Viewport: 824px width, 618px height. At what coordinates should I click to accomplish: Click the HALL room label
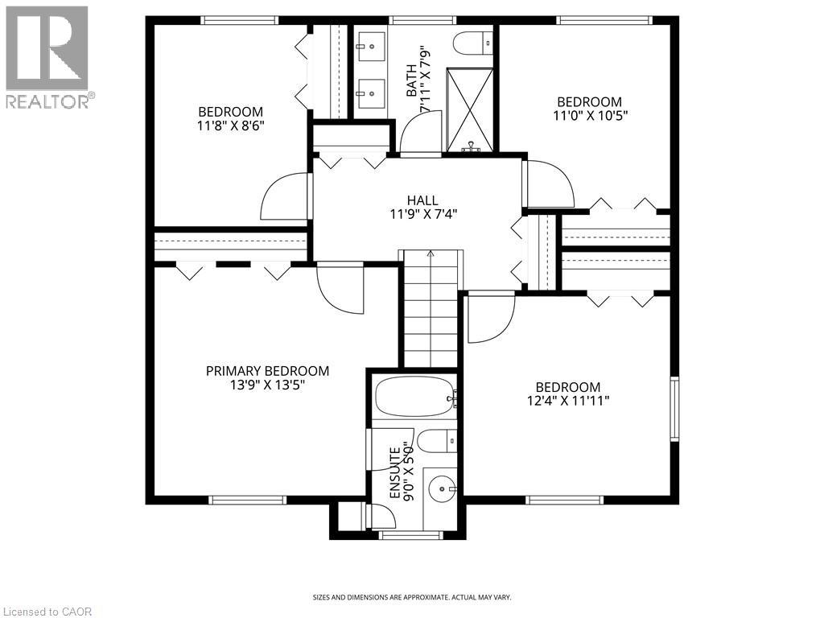click(x=422, y=200)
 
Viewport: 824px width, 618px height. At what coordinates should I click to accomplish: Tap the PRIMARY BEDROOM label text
click(x=267, y=371)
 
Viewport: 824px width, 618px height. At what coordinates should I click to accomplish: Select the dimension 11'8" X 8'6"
click(x=231, y=126)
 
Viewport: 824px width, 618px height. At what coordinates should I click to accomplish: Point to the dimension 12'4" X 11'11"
click(x=568, y=401)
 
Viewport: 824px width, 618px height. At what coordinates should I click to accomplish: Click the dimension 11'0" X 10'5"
click(x=589, y=115)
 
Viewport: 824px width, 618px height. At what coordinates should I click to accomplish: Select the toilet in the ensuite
click(x=437, y=441)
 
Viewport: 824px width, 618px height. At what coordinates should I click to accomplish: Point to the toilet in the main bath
click(x=472, y=40)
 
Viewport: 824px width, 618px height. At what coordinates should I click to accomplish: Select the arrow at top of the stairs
click(x=430, y=254)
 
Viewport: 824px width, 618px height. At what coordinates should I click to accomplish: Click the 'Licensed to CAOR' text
click(x=47, y=612)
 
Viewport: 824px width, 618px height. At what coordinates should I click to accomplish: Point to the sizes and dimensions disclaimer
click(x=411, y=597)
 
